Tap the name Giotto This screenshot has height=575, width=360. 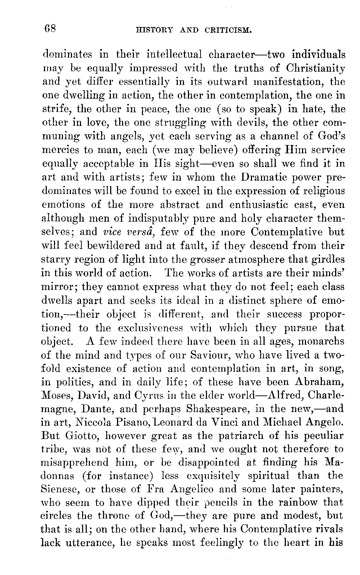tap(80, 436)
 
